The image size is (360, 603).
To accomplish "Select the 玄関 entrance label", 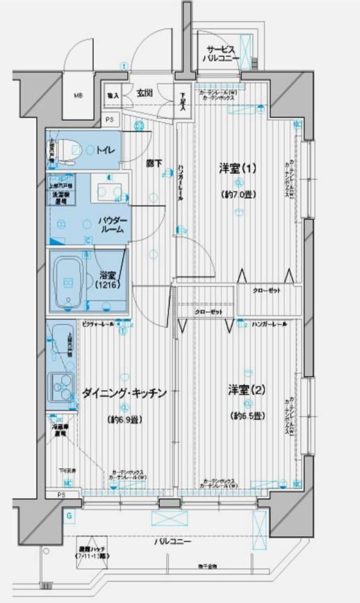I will pos(144,93).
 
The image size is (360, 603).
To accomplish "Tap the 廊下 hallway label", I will pos(154,164).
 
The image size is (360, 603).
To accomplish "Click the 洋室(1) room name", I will pos(238,168).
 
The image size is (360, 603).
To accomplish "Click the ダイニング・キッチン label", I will pos(125,394).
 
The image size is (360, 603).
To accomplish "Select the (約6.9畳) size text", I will pos(125,420).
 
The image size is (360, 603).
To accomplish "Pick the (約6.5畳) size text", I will pos(247,415).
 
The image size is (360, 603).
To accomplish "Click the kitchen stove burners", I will pos(61,385).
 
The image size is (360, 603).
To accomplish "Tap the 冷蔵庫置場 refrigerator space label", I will pos(59,429).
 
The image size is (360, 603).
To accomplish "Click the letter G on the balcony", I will pos(69,515).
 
